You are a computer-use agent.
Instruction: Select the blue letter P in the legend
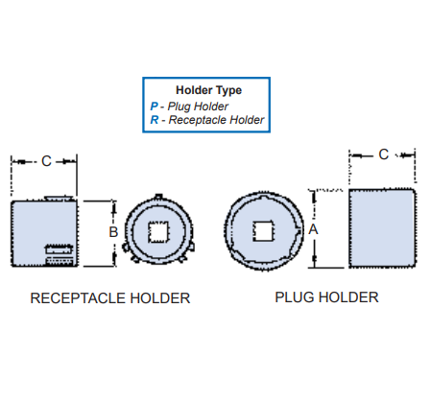pyautogui.click(x=154, y=106)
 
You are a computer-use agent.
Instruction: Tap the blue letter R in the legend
pyautogui.click(x=154, y=120)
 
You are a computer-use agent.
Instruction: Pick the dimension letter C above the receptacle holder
pyautogui.click(x=46, y=161)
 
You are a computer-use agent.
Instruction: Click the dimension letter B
pyautogui.click(x=112, y=232)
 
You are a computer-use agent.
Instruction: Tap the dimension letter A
pyautogui.click(x=313, y=230)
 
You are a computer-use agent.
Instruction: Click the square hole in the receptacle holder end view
pyautogui.click(x=156, y=231)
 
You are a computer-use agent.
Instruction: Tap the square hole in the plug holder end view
pyautogui.click(x=262, y=230)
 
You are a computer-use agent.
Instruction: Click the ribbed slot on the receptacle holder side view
pyautogui.click(x=60, y=254)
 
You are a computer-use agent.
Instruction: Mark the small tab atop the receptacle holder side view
pyautogui.click(x=60, y=197)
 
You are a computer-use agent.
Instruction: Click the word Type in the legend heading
pyautogui.click(x=228, y=90)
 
